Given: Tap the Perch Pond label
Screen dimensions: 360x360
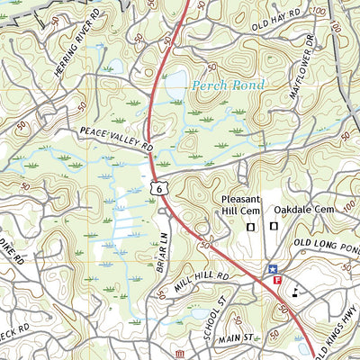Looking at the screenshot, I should [228, 85].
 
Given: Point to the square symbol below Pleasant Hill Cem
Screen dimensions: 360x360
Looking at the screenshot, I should [250, 228].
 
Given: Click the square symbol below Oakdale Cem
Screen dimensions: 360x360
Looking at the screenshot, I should [274, 228].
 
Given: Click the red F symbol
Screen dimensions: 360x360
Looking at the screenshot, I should [277, 282].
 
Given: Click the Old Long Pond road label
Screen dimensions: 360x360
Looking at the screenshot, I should [325, 240].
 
